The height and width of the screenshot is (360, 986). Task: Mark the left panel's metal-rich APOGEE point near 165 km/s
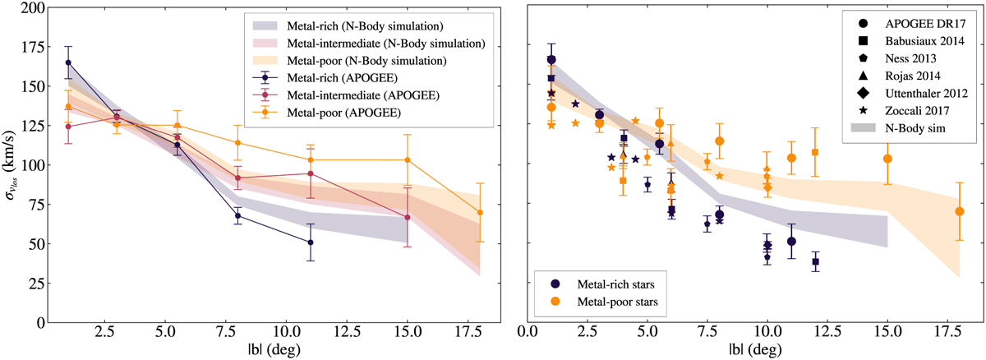(68, 62)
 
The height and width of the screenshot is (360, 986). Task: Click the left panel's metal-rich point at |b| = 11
(311, 242)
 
